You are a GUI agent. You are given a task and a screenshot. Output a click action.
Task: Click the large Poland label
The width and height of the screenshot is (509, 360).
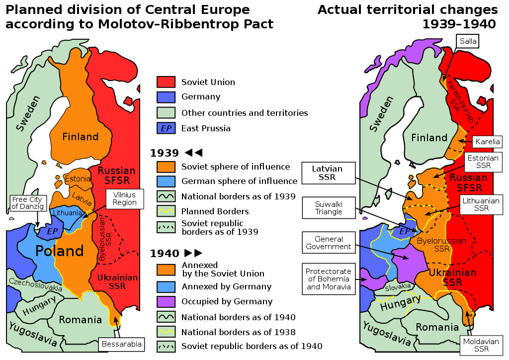60,251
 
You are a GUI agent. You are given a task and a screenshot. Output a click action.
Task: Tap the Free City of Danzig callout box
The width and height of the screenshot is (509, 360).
27,203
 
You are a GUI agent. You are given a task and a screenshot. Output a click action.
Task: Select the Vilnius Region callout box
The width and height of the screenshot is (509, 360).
124,199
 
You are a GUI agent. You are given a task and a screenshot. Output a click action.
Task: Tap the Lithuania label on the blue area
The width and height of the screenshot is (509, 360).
68,213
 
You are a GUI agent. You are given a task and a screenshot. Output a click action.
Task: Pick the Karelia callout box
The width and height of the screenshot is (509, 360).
487,142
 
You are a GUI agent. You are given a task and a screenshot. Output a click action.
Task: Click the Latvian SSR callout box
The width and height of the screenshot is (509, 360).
329,173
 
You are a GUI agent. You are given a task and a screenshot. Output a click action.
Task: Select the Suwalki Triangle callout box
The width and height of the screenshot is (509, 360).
329,208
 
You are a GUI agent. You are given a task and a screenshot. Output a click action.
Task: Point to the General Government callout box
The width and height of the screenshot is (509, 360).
329,243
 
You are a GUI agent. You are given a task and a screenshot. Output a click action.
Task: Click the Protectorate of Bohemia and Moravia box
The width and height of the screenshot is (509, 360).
329,279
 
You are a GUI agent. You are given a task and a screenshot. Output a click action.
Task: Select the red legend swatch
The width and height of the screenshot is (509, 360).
166,82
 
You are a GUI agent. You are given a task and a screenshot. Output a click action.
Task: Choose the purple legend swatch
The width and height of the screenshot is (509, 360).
166,301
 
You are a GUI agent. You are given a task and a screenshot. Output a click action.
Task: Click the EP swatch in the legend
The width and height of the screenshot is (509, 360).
166,128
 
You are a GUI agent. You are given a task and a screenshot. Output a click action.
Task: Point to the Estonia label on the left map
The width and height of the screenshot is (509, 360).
78,179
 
